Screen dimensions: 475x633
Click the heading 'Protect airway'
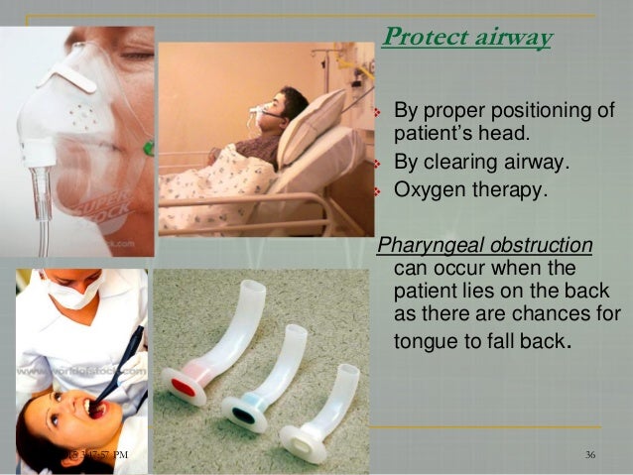point(466,38)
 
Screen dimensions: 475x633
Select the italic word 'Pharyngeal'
point(429,245)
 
